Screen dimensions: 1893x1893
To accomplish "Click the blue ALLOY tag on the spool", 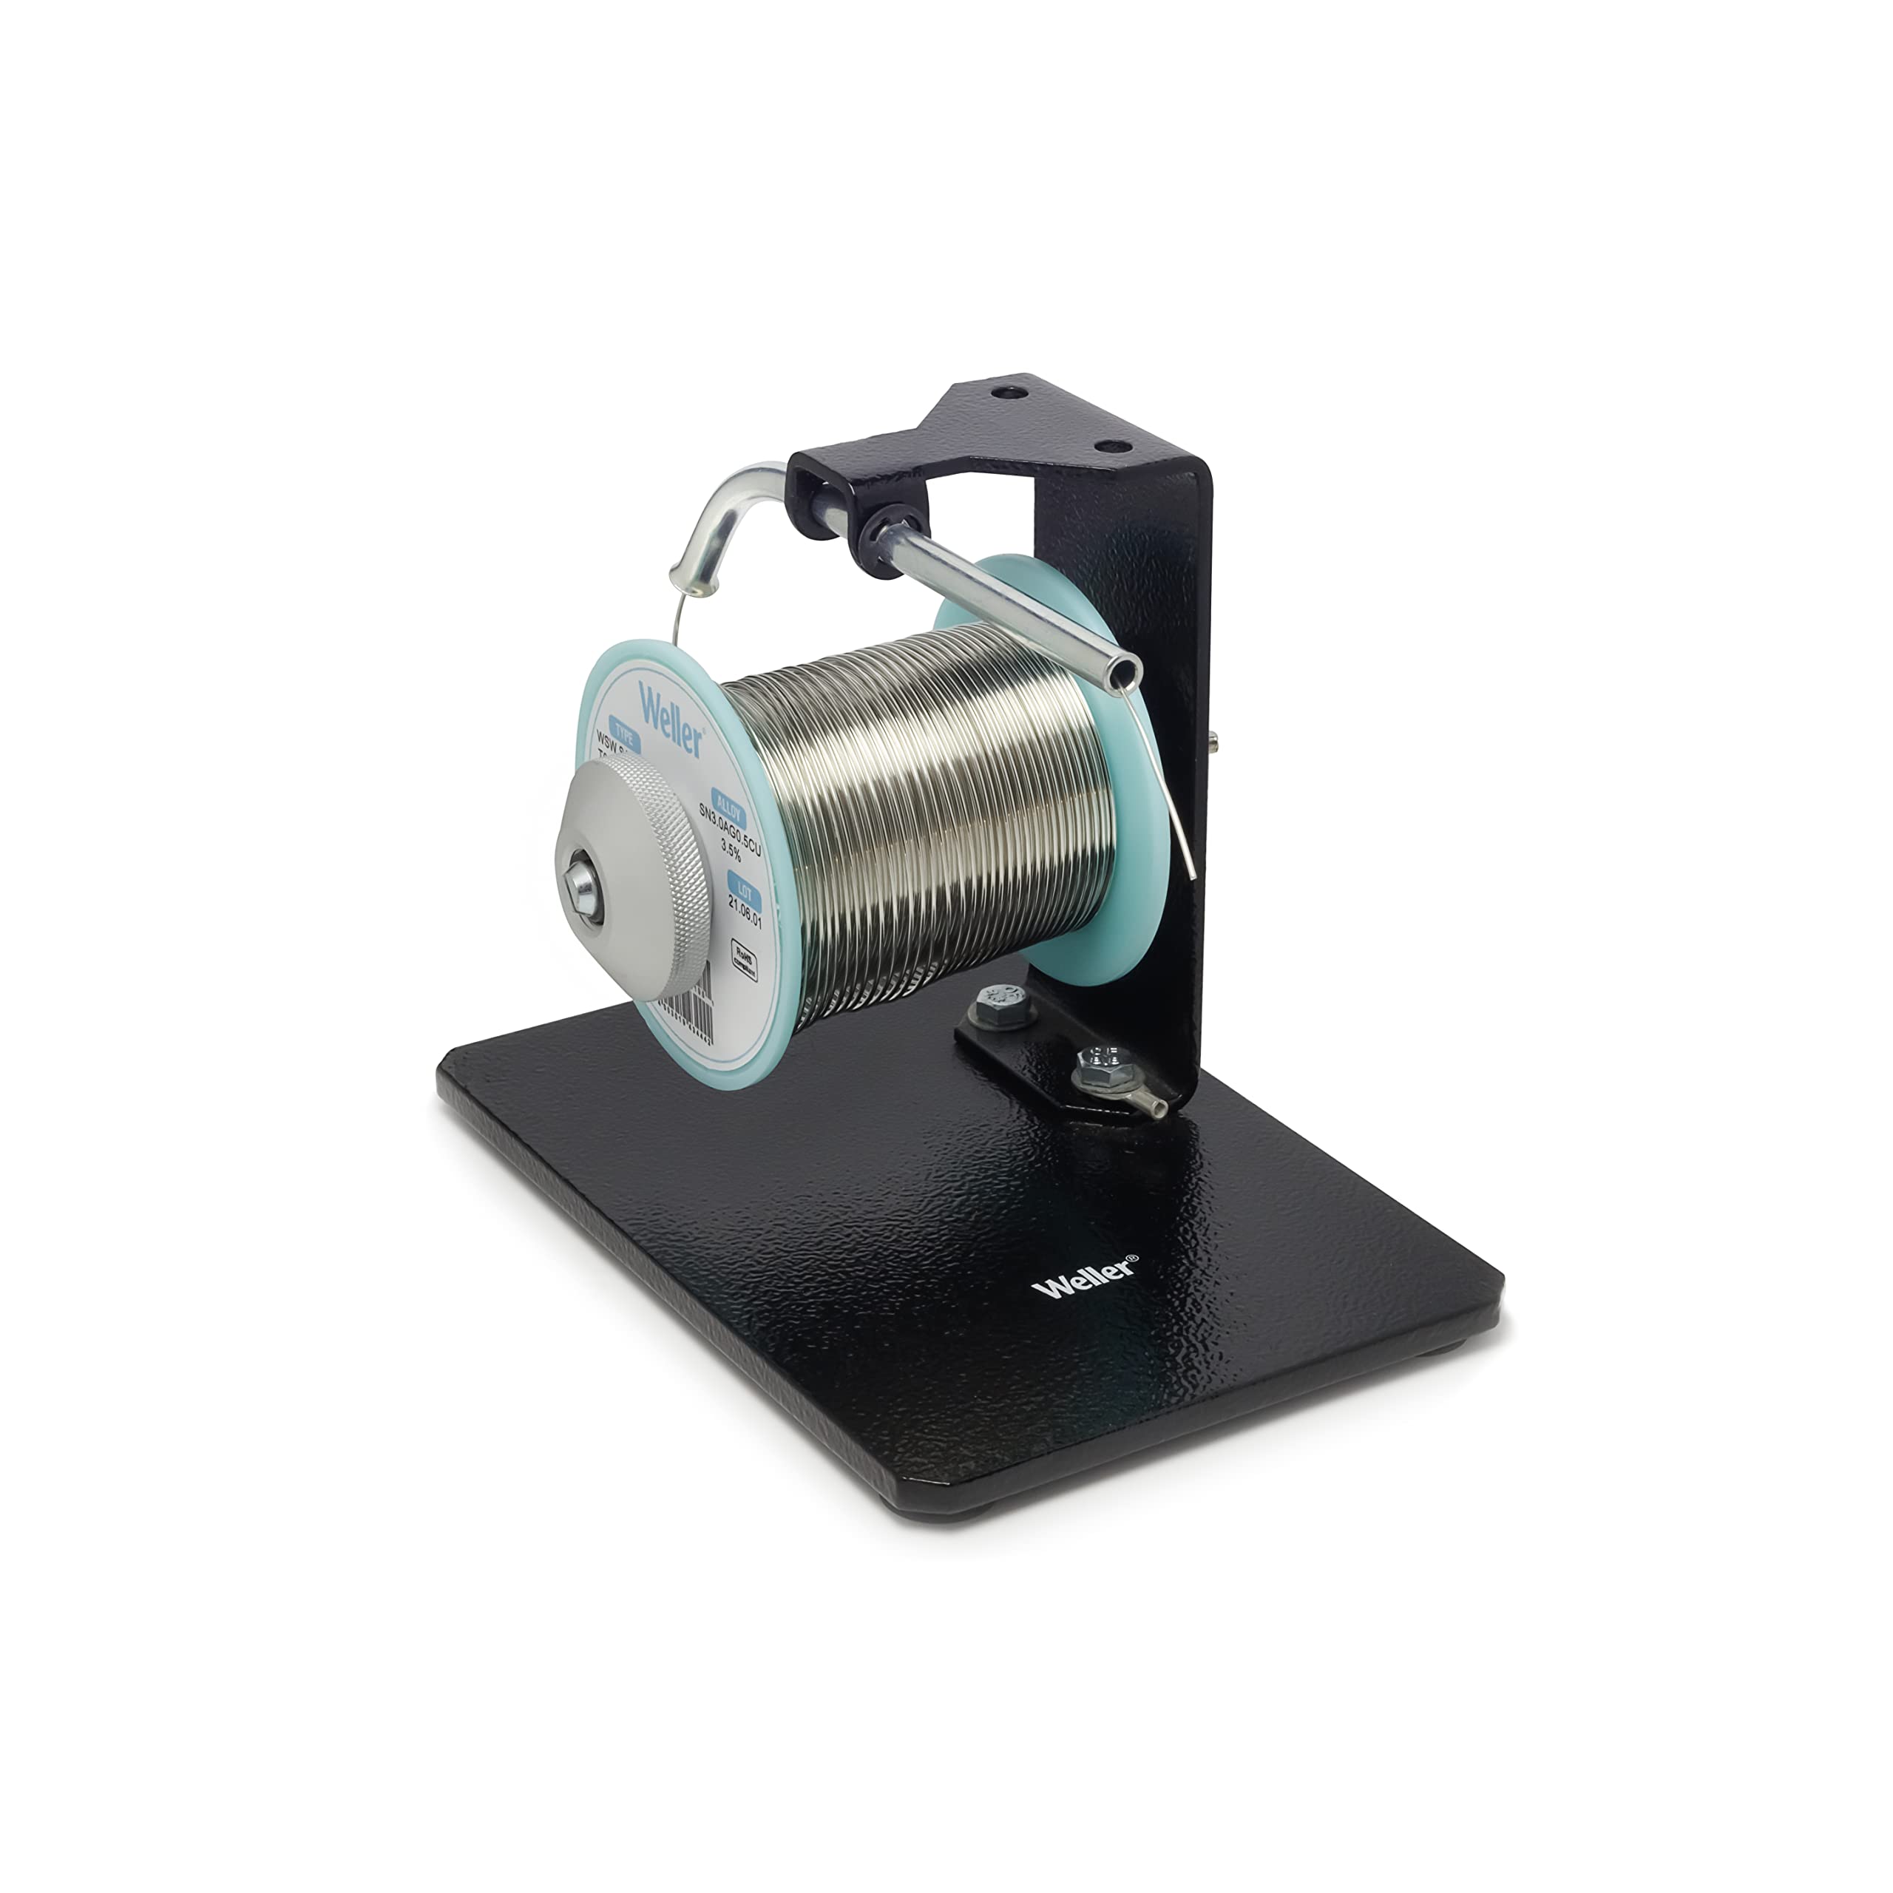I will tap(727, 808).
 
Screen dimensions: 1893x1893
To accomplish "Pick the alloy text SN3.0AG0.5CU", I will tap(730, 830).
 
